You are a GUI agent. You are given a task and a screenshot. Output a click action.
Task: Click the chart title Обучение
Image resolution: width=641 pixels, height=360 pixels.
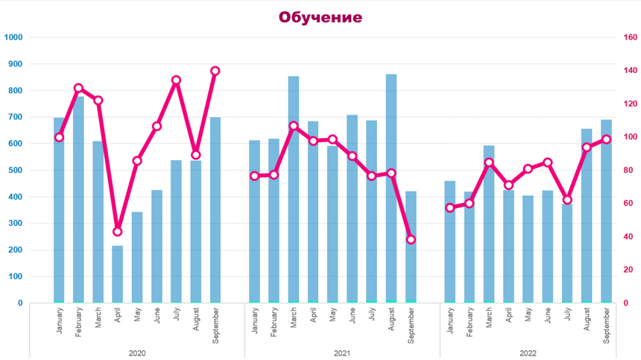click(320, 17)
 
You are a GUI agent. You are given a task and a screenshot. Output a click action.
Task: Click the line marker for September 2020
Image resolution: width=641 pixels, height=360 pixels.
click(215, 71)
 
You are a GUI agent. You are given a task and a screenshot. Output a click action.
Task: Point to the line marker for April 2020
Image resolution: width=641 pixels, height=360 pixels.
click(118, 232)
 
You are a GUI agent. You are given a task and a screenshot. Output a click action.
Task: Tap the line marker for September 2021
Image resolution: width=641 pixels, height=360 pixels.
click(411, 239)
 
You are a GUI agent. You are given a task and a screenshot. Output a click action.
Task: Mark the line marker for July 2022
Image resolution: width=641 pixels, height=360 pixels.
click(567, 200)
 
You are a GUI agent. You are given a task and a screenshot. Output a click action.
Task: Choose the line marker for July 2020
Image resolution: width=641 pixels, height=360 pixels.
click(177, 80)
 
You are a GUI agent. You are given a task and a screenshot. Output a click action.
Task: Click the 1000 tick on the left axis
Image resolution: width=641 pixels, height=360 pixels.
click(14, 37)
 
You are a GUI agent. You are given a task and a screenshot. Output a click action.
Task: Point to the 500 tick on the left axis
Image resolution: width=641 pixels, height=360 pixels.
click(14, 170)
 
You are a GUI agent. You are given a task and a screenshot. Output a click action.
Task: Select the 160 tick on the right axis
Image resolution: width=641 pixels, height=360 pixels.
click(630, 37)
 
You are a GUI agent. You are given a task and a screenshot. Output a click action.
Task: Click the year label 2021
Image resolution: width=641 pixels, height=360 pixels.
click(342, 353)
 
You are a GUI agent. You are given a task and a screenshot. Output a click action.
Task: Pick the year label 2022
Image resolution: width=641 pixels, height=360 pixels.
click(527, 353)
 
